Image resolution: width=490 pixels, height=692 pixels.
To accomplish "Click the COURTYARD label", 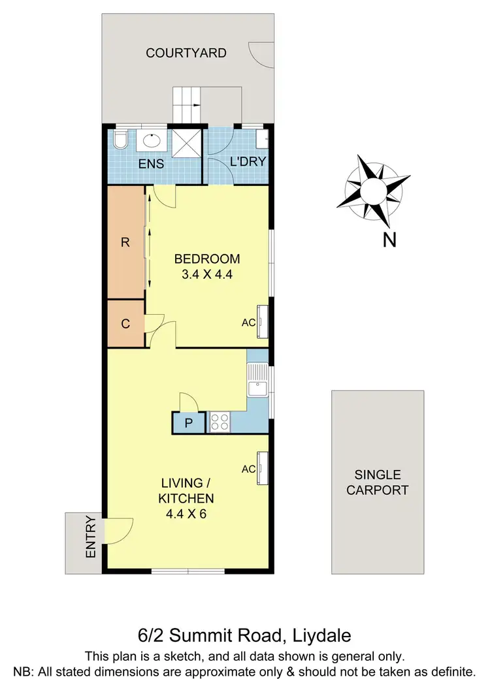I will pos(186,53).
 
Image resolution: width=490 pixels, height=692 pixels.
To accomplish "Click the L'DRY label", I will pos(247,162).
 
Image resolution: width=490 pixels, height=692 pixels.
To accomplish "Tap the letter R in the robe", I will pos(125,242).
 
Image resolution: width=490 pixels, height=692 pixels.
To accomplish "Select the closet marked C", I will pos(125,322).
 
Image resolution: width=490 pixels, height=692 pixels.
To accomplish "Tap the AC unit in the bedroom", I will pos(263,322).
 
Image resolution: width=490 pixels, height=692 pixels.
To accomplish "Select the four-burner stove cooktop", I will pos(220,422).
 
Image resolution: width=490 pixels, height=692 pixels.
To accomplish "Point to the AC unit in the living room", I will pos(263,469).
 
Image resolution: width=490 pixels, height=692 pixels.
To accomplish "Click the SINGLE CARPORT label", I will pos(378,482).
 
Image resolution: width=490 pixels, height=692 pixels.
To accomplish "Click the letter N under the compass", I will pos(389,240).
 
